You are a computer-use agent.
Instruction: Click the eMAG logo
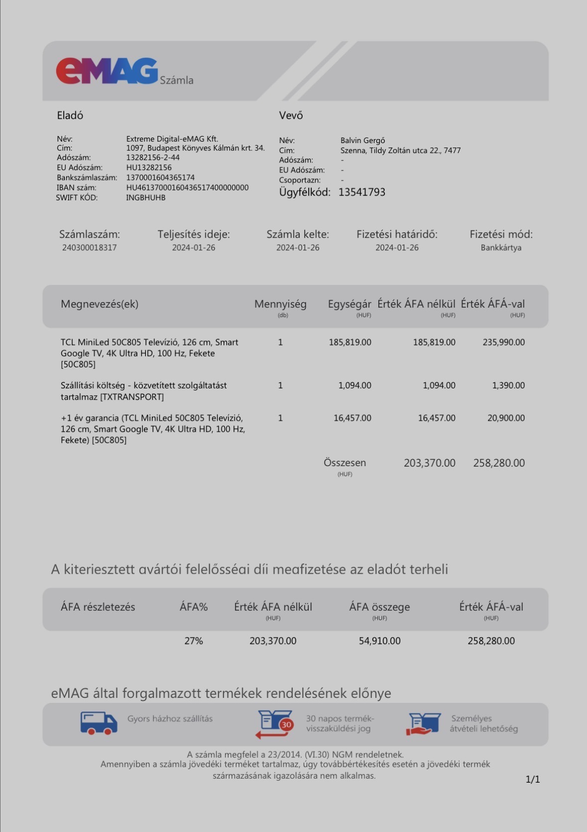click(107, 71)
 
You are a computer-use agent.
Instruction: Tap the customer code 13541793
click(361, 192)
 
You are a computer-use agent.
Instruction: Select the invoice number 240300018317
click(90, 248)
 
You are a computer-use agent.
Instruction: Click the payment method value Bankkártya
click(501, 248)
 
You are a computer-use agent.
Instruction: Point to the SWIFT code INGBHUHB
click(145, 197)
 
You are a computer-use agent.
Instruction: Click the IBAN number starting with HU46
click(187, 187)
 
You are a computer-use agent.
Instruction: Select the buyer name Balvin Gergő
click(362, 141)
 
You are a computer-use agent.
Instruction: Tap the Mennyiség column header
click(280, 304)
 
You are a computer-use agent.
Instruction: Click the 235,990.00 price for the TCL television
click(503, 342)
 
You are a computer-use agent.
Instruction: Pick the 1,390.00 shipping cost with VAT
click(508, 385)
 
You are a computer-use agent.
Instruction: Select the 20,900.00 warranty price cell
click(506, 418)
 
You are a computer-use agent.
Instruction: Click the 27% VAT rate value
click(194, 641)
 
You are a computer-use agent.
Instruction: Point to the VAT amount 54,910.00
click(379, 641)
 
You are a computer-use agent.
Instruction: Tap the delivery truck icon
click(99, 723)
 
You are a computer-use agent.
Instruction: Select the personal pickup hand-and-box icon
click(424, 724)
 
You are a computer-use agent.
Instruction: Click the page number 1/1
click(533, 779)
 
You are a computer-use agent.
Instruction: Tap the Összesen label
click(345, 463)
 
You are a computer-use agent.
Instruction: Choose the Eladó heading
click(70, 116)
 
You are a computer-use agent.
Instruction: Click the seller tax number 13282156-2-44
click(153, 158)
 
